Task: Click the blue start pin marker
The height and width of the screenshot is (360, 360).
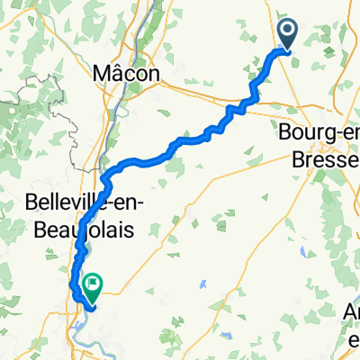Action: [x=289, y=35]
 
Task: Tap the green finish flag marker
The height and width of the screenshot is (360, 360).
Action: [x=91, y=286]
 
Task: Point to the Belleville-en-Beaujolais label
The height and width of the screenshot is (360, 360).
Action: [x=80, y=217]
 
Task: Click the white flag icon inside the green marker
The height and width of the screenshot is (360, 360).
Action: [x=91, y=284]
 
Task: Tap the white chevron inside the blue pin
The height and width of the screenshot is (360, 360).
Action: [x=289, y=33]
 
